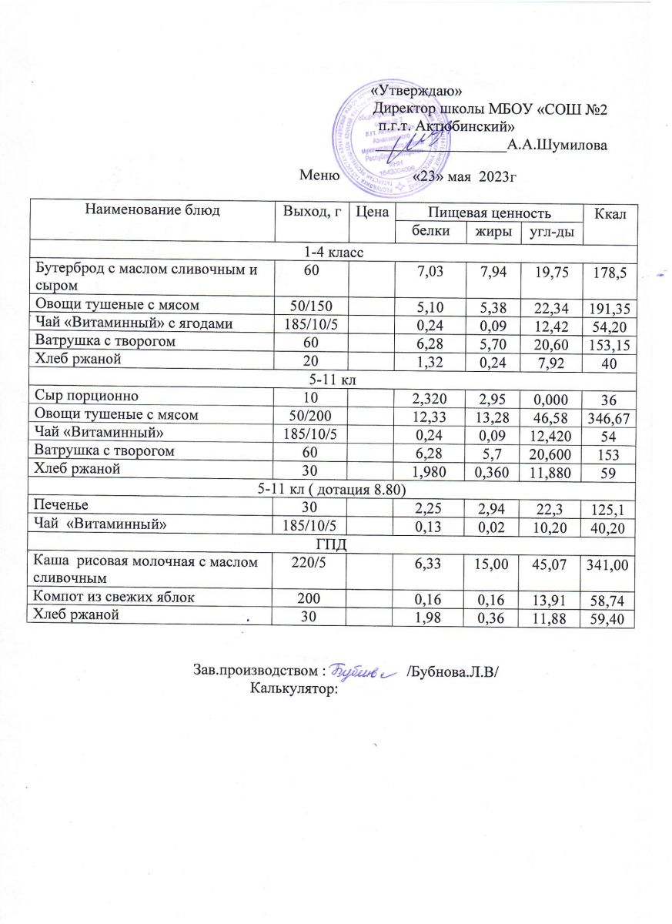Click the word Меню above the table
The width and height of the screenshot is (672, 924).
pos(320,176)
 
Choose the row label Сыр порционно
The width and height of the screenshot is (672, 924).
pos(87,397)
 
